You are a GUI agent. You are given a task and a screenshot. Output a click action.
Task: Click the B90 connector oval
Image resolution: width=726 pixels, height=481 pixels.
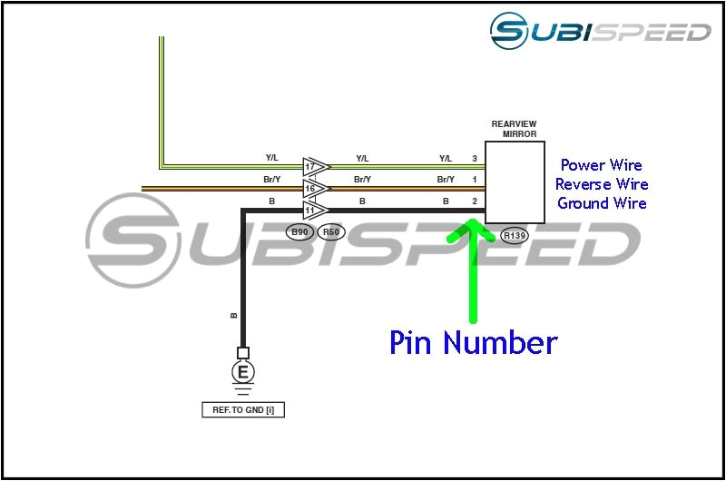pyautogui.click(x=299, y=231)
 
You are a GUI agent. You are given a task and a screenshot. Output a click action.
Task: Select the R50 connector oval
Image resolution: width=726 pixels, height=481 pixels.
pyautogui.click(x=332, y=231)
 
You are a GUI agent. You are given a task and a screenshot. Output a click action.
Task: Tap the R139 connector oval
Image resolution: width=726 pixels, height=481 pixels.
pyautogui.click(x=515, y=236)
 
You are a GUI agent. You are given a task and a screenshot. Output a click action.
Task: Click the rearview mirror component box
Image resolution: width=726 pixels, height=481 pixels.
pyautogui.click(x=515, y=182)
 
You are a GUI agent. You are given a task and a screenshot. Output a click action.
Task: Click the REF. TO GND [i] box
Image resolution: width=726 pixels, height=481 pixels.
pyautogui.click(x=242, y=410)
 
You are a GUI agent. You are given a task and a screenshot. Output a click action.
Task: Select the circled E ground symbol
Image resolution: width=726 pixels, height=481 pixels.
pyautogui.click(x=242, y=372)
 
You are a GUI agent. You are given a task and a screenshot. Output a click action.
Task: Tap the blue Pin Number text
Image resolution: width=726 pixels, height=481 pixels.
pyautogui.click(x=473, y=342)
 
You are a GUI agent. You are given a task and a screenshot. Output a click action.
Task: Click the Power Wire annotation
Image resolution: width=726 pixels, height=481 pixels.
pyautogui.click(x=601, y=165)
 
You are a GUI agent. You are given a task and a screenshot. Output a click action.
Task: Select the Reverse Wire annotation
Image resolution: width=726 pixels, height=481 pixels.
pyautogui.click(x=602, y=184)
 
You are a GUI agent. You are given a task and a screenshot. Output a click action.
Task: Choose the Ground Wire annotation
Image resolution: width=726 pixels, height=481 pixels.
pyautogui.click(x=602, y=203)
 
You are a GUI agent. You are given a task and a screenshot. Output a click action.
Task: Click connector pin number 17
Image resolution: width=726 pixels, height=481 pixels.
pyautogui.click(x=310, y=167)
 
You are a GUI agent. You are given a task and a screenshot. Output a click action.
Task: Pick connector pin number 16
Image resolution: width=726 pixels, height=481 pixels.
pyautogui.click(x=310, y=189)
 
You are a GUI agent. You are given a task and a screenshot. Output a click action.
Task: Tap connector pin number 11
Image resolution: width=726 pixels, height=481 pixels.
pyautogui.click(x=310, y=210)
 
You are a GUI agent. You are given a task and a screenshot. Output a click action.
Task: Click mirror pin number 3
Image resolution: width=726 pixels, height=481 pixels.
pyautogui.click(x=475, y=159)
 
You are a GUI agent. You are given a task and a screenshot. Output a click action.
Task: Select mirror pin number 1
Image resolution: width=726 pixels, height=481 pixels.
pyautogui.click(x=475, y=180)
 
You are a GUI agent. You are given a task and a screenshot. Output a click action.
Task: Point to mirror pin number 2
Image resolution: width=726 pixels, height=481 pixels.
pyautogui.click(x=475, y=201)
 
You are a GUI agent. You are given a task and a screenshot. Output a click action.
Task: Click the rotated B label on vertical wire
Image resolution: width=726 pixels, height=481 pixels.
pyautogui.click(x=233, y=315)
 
